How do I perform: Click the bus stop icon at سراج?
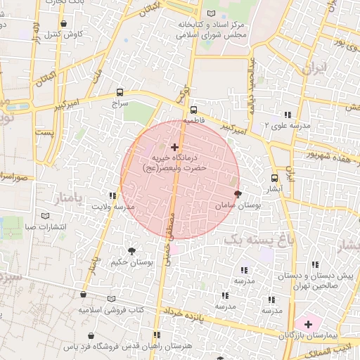coord(121,92)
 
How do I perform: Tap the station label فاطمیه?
coord(193,121)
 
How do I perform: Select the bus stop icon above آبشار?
coord(274,178)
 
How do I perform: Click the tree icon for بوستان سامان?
coord(237,193)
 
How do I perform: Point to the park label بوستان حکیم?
coord(132,262)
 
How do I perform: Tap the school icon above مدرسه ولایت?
coord(112,196)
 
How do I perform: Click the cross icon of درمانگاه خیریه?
coord(174,146)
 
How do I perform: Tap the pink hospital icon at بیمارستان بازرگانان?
coord(307,324)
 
